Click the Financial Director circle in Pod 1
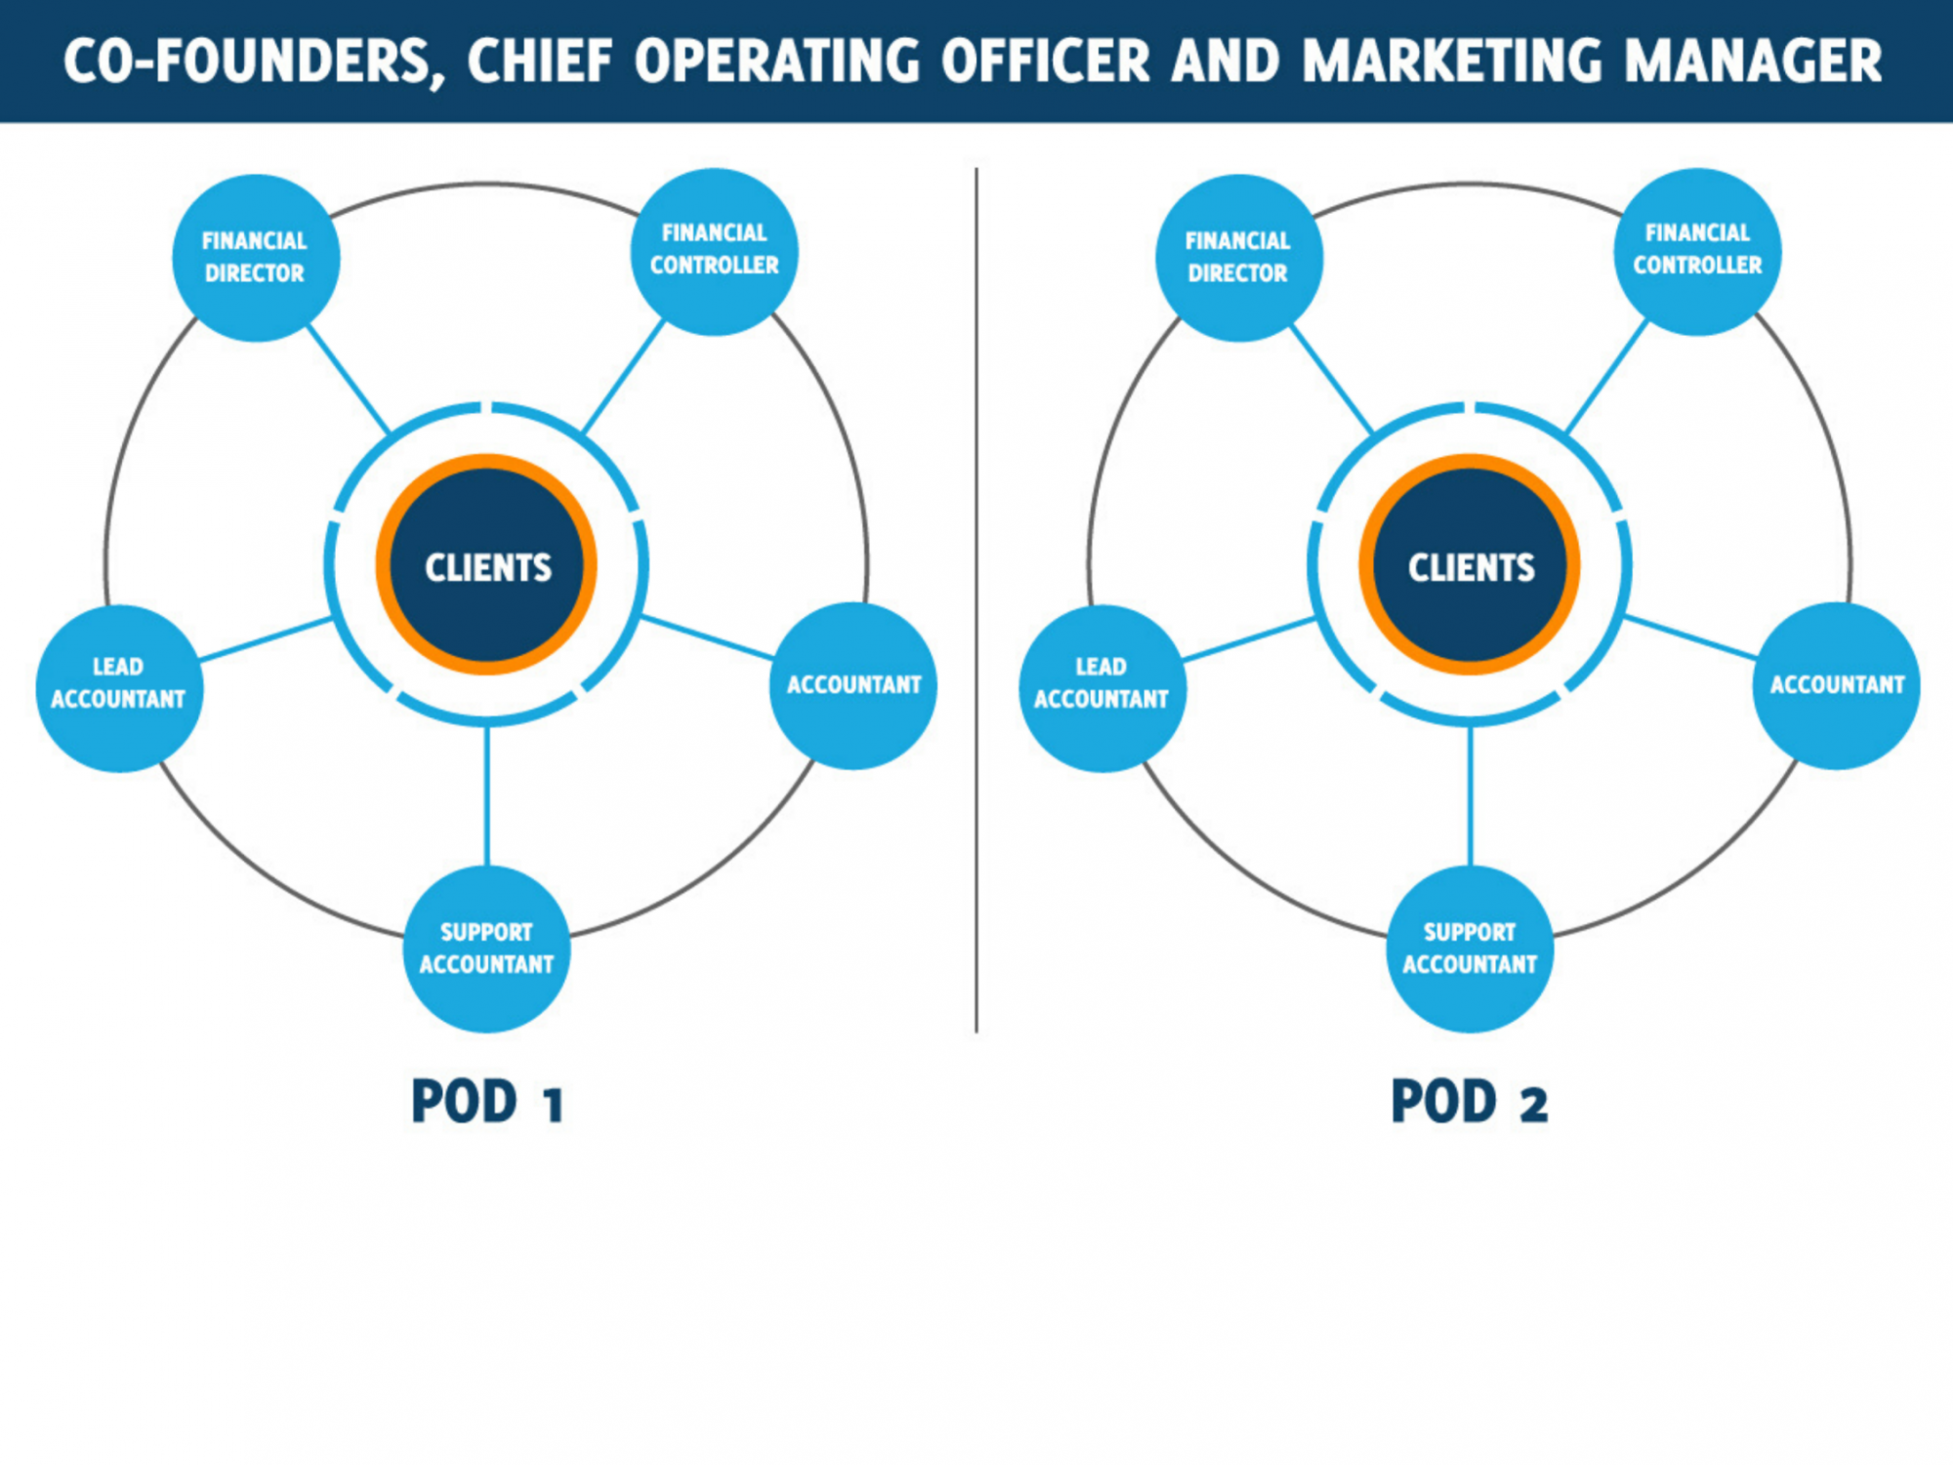[x=256, y=258]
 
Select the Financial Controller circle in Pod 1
[x=714, y=251]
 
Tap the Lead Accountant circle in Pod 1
[x=119, y=688]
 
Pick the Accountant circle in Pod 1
[x=852, y=686]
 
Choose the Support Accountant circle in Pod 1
[x=486, y=948]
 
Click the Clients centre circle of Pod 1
[x=486, y=565]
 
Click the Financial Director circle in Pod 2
[x=1238, y=258]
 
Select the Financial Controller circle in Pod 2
[x=1697, y=251]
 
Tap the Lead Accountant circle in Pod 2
[x=1102, y=688]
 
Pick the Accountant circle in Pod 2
[x=1836, y=686]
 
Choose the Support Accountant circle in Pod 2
[x=1470, y=948]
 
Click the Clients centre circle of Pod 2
[x=1470, y=565]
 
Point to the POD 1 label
[x=486, y=1102]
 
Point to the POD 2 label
[x=1469, y=1102]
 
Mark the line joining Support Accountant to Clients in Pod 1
[x=486, y=796]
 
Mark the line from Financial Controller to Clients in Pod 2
[x=1606, y=377]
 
